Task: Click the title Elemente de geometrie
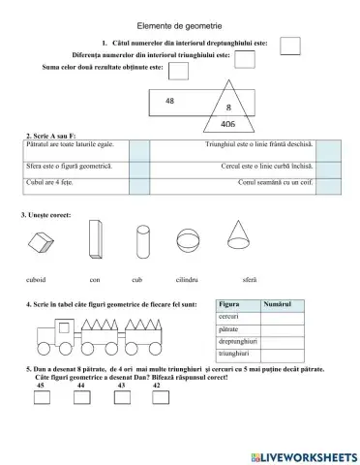[180, 26]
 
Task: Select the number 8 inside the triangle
[228, 107]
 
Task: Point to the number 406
[228, 124]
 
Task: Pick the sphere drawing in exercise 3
[185, 236]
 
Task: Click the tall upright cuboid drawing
[94, 236]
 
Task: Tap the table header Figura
[229, 305]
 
